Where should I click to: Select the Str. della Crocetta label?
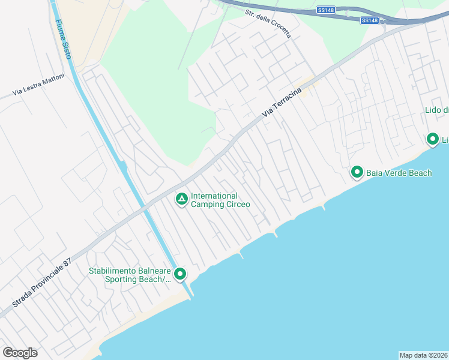[268, 23]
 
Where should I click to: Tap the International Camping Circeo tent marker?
[181, 199]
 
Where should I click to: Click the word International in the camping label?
[214, 196]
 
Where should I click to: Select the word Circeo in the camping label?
[236, 204]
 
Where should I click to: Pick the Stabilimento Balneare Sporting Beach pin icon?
[179, 274]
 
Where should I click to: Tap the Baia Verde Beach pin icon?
[357, 173]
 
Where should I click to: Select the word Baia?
[375, 173]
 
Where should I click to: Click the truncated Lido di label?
[436, 110]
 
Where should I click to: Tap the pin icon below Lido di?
[432, 139]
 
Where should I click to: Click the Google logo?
[20, 352]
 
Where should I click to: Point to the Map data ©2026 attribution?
[423, 355]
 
